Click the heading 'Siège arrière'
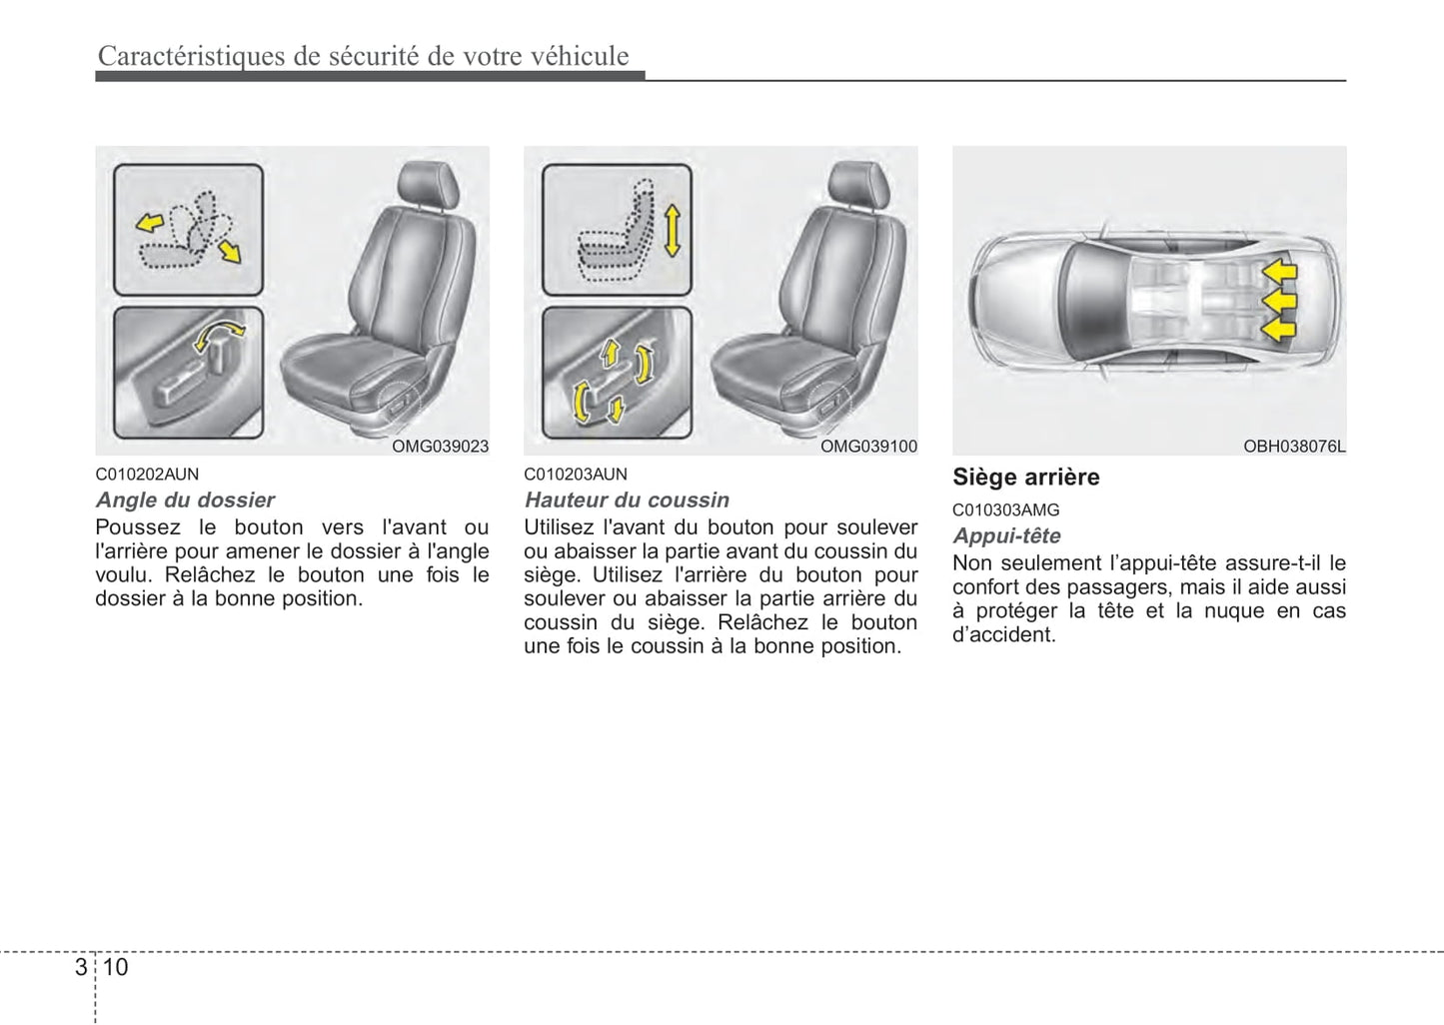pyautogui.click(x=1025, y=478)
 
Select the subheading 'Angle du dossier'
pyautogui.click(x=185, y=501)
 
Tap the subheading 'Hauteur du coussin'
pyautogui.click(x=627, y=501)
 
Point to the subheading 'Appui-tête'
pyautogui.click(x=1006, y=536)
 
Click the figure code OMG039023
pyautogui.click(x=440, y=447)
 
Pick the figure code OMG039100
pyautogui.click(x=868, y=447)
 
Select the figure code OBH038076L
pyautogui.click(x=1294, y=447)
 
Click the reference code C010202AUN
pyautogui.click(x=147, y=475)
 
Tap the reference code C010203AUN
pyautogui.click(x=576, y=475)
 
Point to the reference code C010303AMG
pyautogui.click(x=1005, y=511)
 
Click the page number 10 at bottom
pyautogui.click(x=115, y=967)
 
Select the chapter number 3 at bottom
pyautogui.click(x=81, y=967)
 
